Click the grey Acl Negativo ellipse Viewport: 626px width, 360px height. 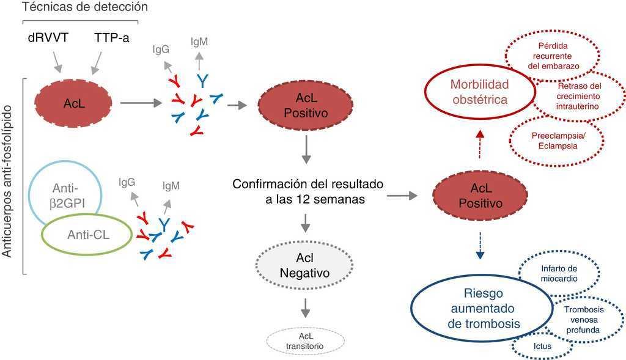tap(304, 266)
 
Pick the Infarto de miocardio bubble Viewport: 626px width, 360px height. tap(559, 272)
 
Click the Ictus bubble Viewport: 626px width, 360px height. tap(542, 346)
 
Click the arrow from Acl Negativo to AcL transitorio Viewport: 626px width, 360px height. tap(304, 307)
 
